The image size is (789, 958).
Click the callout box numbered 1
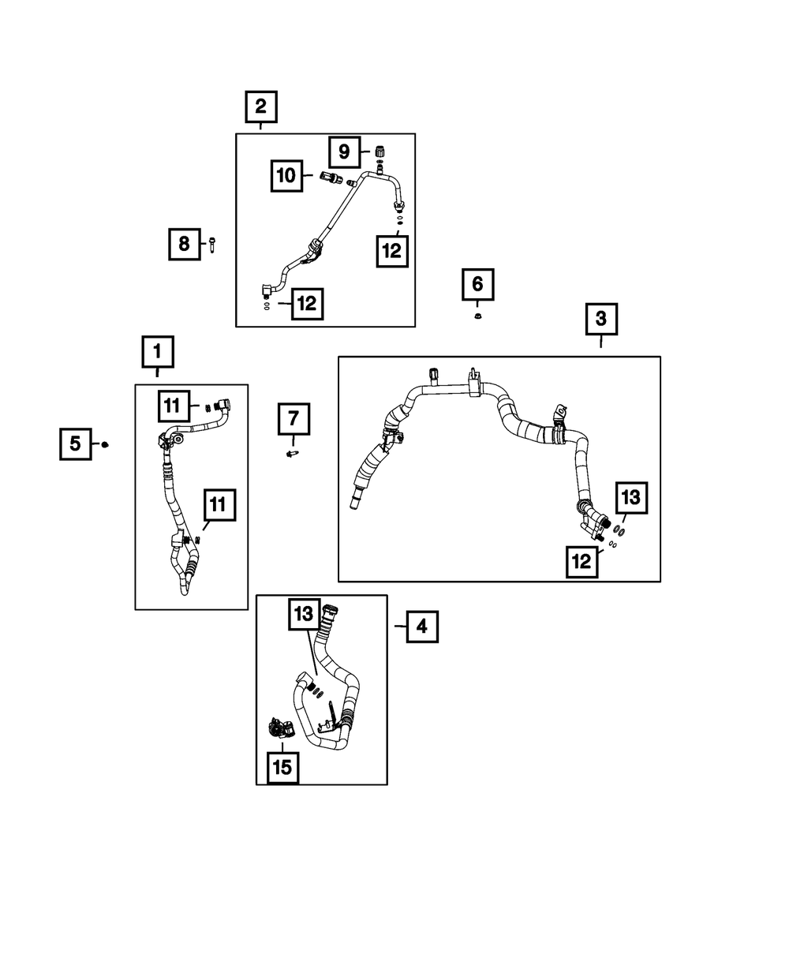coord(157,352)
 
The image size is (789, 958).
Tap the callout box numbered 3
coord(601,320)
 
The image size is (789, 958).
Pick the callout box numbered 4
coord(421,627)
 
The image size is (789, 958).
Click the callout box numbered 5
coord(76,444)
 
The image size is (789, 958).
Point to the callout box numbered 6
coord(478,285)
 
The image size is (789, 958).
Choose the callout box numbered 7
coord(294,418)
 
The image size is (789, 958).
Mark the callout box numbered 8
coord(184,244)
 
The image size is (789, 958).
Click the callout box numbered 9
coord(345,151)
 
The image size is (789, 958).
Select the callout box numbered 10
coord(286,175)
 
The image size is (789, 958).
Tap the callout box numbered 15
coord(282,766)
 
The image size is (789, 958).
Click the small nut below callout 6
coord(478,317)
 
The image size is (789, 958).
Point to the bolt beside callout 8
coord(213,245)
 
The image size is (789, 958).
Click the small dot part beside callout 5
coord(106,445)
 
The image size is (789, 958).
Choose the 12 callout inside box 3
coord(581,562)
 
